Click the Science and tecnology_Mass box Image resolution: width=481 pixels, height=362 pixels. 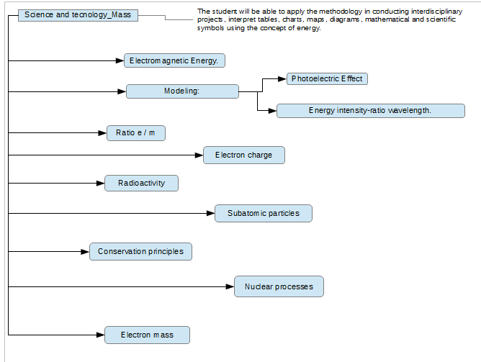[x=78, y=15]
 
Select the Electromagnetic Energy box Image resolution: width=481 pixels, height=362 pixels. [x=174, y=60]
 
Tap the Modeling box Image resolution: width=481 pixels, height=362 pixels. [x=182, y=91]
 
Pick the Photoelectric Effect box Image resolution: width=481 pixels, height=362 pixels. [x=327, y=78]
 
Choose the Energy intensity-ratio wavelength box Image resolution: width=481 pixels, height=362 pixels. [x=371, y=111]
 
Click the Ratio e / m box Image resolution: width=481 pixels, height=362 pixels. [x=136, y=133]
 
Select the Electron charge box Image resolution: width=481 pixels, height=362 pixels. [x=244, y=155]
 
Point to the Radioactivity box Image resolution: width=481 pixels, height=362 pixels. [x=141, y=184]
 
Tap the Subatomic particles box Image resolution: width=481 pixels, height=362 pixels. [x=264, y=213]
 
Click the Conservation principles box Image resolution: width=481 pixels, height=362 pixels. [x=141, y=252]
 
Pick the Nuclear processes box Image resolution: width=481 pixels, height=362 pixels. [x=279, y=286]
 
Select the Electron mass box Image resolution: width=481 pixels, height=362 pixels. [x=147, y=335]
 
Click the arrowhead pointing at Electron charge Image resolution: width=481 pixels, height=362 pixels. [x=199, y=155]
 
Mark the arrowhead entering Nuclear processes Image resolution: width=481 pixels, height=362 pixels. [x=230, y=286]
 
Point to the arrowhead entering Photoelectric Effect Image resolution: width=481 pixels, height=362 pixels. [x=282, y=79]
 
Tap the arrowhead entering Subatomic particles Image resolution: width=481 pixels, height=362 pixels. [x=211, y=213]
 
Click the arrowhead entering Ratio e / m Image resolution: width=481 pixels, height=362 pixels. [x=102, y=133]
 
